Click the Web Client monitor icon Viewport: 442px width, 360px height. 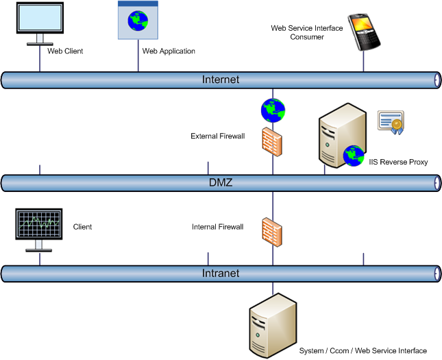(39, 22)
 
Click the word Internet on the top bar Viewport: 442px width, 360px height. (221, 80)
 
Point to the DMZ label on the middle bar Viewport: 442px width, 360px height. (221, 183)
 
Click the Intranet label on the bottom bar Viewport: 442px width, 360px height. (221, 274)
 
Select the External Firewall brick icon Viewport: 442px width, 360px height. (272, 141)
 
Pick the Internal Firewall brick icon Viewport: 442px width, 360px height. (272, 231)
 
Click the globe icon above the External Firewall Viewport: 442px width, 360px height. (273, 110)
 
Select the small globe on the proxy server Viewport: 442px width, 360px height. (354, 156)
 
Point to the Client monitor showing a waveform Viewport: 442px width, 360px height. (39, 228)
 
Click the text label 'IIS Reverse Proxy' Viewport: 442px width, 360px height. (398, 163)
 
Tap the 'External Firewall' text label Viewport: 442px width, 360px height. (217, 136)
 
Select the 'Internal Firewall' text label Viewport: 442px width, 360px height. (218, 227)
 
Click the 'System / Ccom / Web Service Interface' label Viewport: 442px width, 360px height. (363, 351)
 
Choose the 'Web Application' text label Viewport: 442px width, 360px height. (169, 51)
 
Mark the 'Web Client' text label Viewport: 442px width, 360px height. (65, 51)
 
